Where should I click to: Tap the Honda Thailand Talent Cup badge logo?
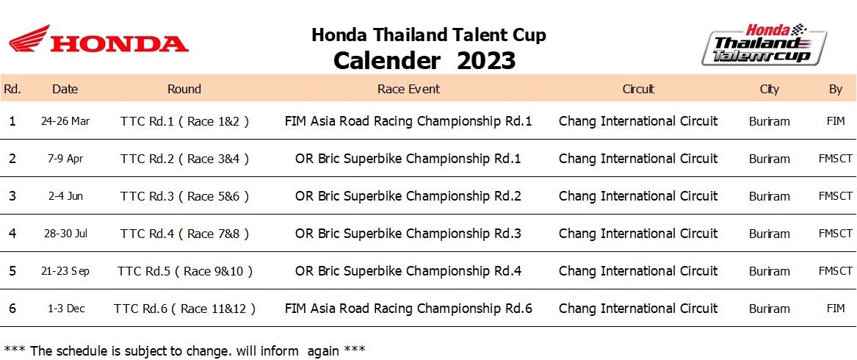[764, 45]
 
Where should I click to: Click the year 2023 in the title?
[486, 60]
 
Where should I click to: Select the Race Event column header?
[409, 89]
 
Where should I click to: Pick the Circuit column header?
[638, 89]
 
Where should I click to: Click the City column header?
[769, 89]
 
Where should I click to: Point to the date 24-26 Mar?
[65, 121]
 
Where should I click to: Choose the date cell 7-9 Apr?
[65, 159]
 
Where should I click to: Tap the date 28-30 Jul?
[65, 234]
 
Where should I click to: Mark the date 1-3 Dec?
[66, 309]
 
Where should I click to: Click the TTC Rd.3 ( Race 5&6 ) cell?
[185, 196]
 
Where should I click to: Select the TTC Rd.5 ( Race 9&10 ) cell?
[185, 271]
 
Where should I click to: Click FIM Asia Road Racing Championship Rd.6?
[408, 309]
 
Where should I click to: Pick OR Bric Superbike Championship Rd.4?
[408, 271]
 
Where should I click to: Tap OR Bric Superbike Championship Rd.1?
[408, 159]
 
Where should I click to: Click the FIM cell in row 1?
[836, 121]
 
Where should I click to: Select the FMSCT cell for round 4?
[835, 234]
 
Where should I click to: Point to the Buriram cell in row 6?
[769, 309]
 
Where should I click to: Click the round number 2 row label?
[12, 159]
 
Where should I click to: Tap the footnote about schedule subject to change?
[184, 350]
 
